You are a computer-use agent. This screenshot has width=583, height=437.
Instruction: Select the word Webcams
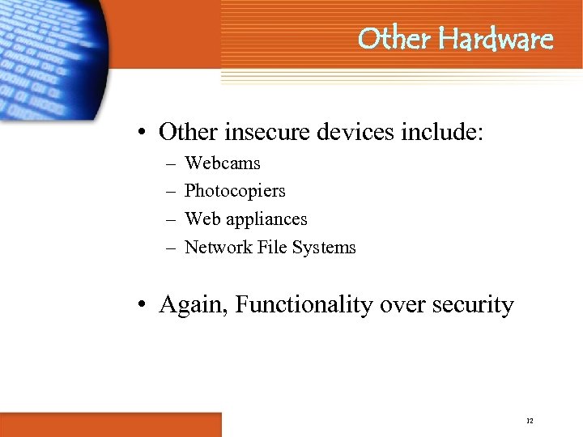[223, 163]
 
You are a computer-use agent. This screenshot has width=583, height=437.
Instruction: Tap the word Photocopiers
[235, 191]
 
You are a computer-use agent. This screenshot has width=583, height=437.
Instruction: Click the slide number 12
[530, 421]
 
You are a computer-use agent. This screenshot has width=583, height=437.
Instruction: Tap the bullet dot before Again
[142, 306]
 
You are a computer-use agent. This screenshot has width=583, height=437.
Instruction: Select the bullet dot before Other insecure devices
[142, 132]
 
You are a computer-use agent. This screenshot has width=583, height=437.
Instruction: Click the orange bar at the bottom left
[110, 424]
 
